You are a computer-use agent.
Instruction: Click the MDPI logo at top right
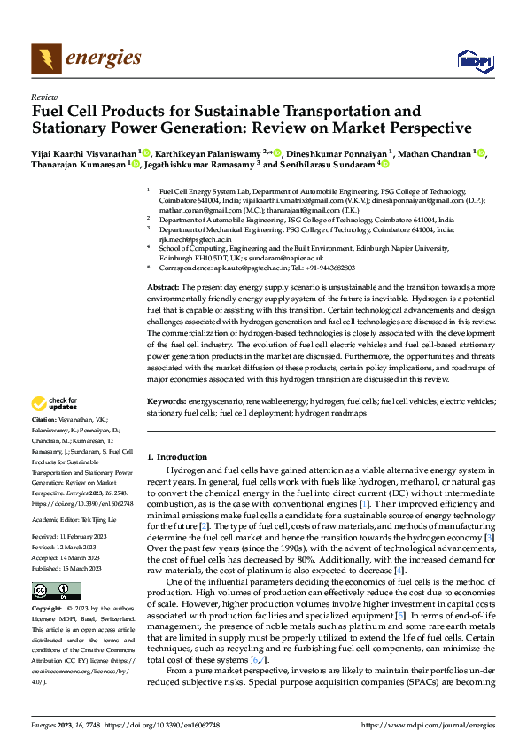pyautogui.click(x=473, y=59)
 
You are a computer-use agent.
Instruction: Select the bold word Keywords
pyautogui.click(x=166, y=401)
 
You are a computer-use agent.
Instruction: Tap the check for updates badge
pyautogui.click(x=55, y=405)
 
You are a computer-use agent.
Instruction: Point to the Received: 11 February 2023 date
pyautogui.click(x=71, y=538)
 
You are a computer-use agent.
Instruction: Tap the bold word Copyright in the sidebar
pyautogui.click(x=47, y=610)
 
